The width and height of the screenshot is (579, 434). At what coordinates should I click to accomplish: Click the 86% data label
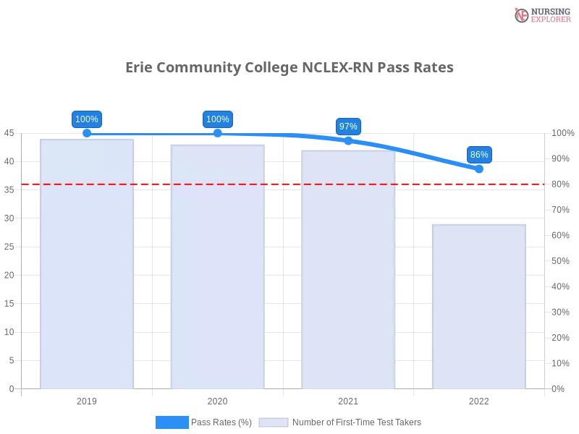[x=479, y=155]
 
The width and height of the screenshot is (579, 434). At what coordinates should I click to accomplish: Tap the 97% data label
[x=348, y=127]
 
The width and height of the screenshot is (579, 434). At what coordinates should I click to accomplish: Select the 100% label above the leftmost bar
[x=87, y=119]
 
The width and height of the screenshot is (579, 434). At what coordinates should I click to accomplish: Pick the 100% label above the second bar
[x=217, y=119]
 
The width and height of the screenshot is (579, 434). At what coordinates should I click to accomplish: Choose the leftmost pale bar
[x=87, y=264]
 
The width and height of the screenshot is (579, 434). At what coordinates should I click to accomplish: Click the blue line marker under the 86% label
[x=478, y=169]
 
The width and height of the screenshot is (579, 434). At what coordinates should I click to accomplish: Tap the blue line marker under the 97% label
[x=348, y=140]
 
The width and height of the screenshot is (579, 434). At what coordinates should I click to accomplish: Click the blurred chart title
[x=289, y=68]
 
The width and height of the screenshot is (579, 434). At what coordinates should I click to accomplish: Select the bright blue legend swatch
[x=172, y=422]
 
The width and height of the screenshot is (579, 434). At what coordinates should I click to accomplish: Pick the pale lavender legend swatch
[x=274, y=422]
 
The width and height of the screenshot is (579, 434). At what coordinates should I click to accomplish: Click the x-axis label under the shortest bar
[x=478, y=399]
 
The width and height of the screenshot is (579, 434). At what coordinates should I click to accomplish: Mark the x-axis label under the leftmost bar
[x=87, y=399]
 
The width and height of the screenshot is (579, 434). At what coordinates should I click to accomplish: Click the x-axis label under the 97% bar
[x=348, y=399]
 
